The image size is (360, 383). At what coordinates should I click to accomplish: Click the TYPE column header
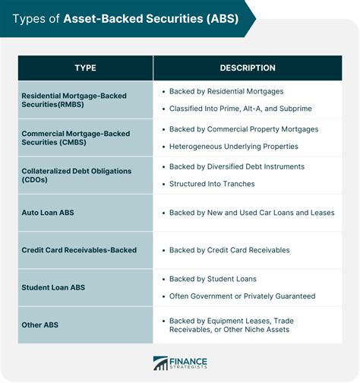coord(85,68)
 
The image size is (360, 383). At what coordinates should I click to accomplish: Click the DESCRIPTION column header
coord(248,68)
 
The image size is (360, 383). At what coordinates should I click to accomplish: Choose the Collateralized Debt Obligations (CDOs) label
coord(77,175)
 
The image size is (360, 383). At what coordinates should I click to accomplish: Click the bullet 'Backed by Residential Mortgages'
coord(226,91)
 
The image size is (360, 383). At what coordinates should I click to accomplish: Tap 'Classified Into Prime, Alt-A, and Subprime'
coord(240,109)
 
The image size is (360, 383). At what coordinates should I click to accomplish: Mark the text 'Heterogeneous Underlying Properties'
coord(233,146)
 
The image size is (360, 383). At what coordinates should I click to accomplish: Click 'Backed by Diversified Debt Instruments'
coord(236,166)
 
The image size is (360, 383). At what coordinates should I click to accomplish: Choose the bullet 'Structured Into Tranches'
coord(211,184)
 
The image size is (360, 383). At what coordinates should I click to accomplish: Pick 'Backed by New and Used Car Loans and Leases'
coord(251,213)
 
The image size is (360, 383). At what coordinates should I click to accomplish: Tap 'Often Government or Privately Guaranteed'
coord(242,296)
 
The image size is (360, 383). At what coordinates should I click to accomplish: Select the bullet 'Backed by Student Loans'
coord(213,279)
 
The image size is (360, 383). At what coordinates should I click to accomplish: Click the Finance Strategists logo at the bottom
coord(180,363)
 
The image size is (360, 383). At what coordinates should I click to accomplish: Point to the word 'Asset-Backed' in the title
coord(102,18)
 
